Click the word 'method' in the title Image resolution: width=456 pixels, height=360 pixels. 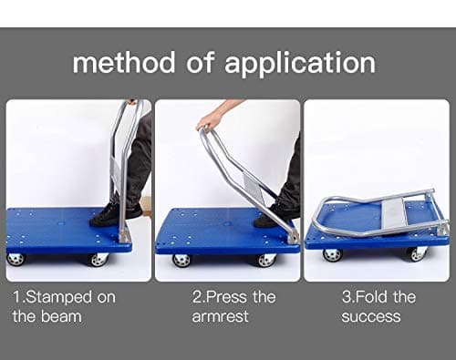[124, 62]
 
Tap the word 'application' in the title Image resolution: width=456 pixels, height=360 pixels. [300, 64]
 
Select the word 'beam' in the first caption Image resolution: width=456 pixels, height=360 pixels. [61, 316]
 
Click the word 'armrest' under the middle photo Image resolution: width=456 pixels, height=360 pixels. [220, 316]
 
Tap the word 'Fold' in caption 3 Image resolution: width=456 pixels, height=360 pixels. [371, 297]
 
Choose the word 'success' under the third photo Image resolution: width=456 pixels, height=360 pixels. [371, 316]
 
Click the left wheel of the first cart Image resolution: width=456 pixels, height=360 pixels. [16, 259]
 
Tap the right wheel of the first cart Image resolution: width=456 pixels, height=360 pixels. [98, 260]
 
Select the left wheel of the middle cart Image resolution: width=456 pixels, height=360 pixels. [181, 261]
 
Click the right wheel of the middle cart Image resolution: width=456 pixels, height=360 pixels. [266, 261]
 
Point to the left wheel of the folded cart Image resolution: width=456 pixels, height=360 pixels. [332, 255]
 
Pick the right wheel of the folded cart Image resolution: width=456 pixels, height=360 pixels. [417, 254]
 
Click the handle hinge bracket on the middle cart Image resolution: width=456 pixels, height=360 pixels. [294, 236]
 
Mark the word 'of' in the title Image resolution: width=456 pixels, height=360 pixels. [200, 62]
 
